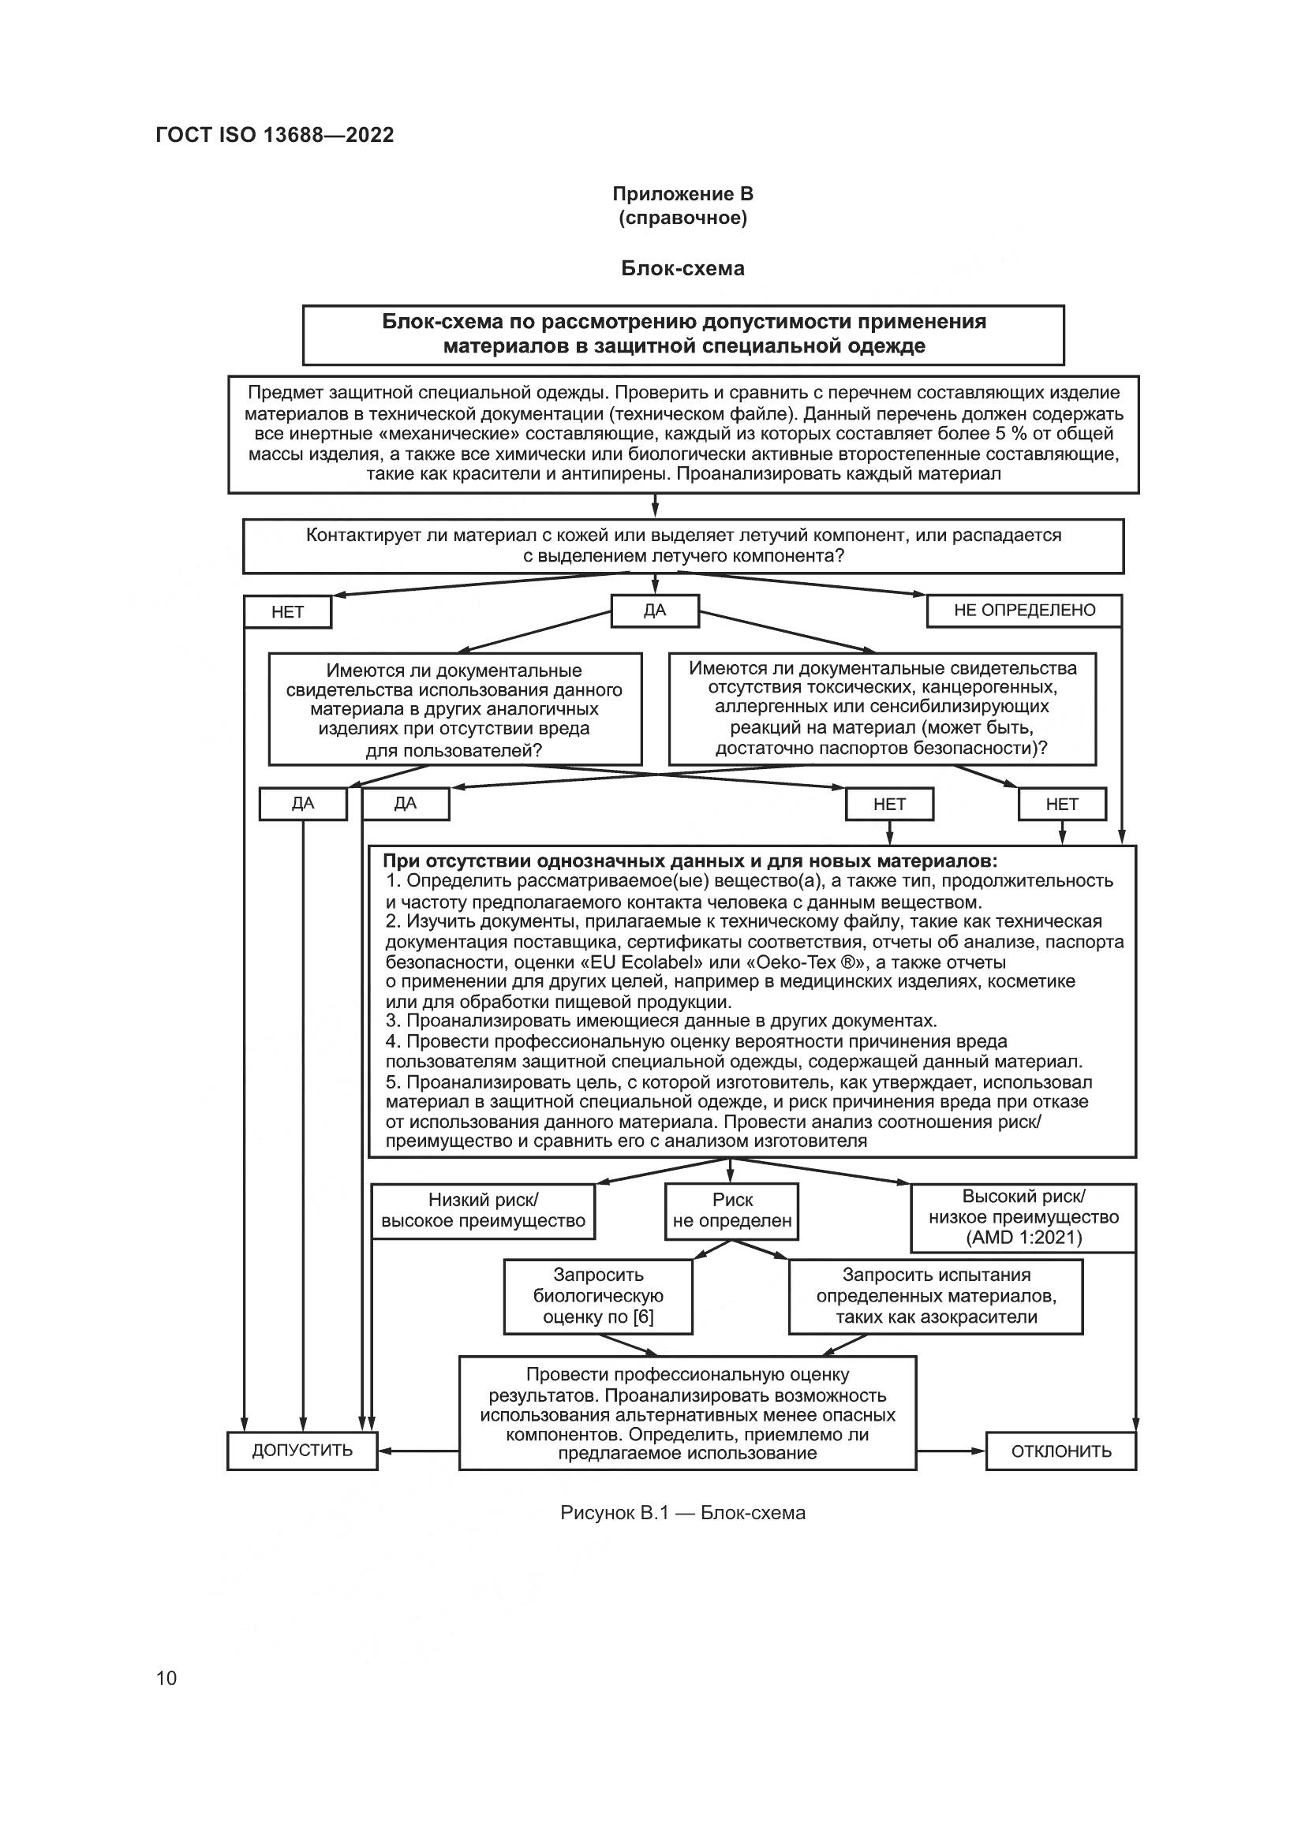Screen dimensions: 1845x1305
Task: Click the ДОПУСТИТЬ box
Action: pos(302,1451)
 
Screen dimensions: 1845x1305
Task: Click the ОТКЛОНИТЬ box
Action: pos(1060,1451)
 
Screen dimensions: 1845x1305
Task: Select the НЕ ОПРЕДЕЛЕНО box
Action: pos(1024,610)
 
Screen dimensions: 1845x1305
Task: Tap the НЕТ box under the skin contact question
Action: pos(287,612)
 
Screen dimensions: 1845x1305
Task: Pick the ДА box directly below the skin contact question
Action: pos(655,610)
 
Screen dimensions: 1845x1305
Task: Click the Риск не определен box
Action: pos(732,1210)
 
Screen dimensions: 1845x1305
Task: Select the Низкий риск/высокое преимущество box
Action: pos(483,1210)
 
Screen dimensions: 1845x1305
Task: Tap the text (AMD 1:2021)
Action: pos(1024,1237)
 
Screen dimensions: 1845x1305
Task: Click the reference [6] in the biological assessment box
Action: pos(643,1317)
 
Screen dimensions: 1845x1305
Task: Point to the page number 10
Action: pos(166,1678)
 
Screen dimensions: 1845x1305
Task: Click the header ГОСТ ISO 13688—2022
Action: pos(275,135)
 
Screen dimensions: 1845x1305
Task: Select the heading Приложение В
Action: pos(682,194)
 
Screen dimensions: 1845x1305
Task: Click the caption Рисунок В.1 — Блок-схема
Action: pos(682,1513)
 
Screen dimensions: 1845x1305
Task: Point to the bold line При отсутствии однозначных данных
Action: pos(690,861)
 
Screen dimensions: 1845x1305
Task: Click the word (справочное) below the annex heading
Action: pos(682,218)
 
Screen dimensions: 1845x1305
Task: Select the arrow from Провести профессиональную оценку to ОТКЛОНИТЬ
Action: pos(951,1451)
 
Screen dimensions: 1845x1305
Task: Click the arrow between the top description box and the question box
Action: pos(655,506)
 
